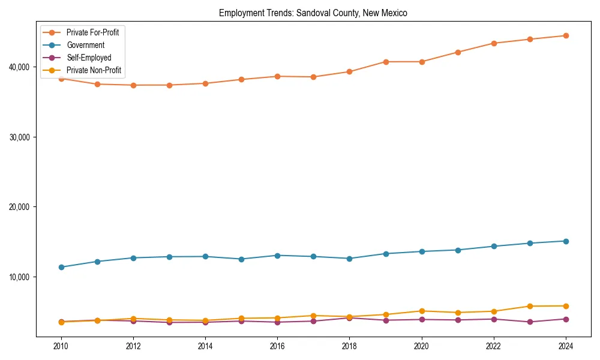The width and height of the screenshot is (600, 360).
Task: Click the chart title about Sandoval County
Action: tap(313, 13)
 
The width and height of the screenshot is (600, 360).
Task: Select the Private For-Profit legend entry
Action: tap(92, 32)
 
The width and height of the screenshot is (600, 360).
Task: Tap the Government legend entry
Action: tap(85, 45)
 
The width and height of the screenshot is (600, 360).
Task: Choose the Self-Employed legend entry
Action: tap(89, 58)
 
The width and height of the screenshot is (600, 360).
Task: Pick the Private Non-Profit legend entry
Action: tap(94, 70)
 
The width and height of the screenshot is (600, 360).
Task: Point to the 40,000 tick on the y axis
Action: tap(20, 67)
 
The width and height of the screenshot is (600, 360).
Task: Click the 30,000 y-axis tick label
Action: tap(20, 137)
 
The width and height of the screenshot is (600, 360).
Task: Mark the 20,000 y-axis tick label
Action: tap(20, 207)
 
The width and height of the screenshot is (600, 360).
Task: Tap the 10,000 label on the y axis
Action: tap(20, 277)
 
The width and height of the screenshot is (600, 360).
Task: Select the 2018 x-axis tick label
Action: tap(349, 346)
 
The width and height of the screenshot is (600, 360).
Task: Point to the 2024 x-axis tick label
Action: tap(566, 346)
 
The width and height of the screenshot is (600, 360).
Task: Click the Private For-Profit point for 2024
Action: tap(566, 35)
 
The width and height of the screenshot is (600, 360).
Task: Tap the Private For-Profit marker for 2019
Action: tap(386, 62)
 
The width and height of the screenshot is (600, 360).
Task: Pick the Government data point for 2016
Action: tap(277, 256)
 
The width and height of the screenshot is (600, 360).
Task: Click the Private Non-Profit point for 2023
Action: tap(530, 306)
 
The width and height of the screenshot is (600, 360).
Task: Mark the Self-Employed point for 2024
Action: tap(566, 319)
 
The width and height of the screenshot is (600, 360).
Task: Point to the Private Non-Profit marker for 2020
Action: tap(422, 311)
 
